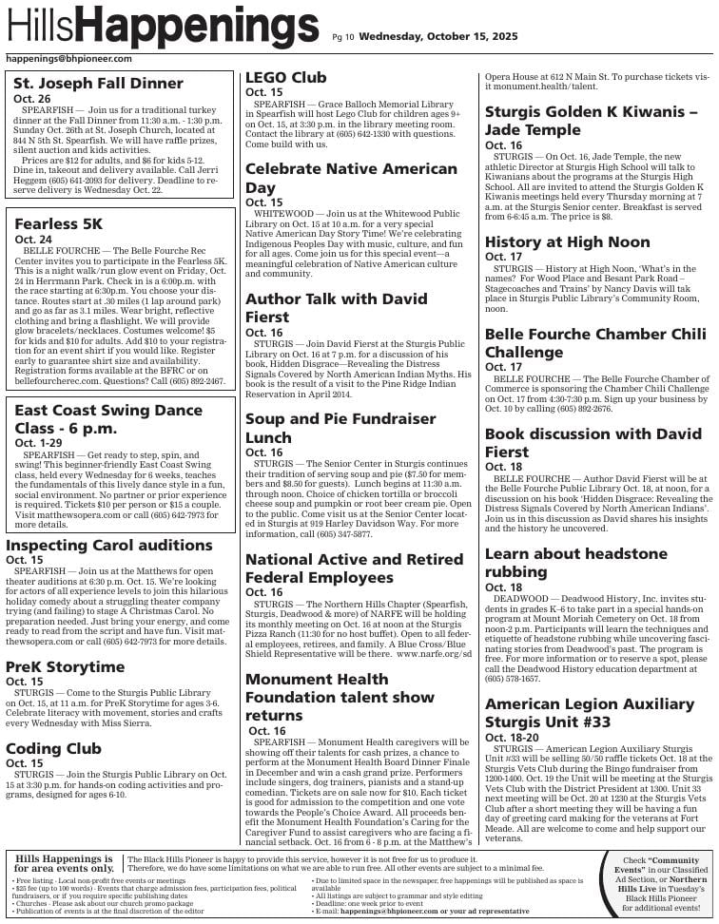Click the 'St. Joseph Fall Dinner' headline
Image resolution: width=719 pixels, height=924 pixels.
tap(98, 84)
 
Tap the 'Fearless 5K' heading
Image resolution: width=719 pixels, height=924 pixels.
tap(58, 224)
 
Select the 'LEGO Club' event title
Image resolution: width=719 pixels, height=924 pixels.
tap(285, 78)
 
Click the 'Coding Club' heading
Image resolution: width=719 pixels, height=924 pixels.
tap(53, 748)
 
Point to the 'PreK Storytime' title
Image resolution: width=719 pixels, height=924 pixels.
tap(66, 666)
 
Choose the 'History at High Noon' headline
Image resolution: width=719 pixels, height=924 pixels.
tap(567, 242)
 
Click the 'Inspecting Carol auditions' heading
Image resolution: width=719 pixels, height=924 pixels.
tap(108, 545)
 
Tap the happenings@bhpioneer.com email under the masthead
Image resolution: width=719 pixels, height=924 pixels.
tap(68, 58)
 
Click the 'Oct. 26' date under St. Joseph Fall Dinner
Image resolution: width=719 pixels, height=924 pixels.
tap(32, 99)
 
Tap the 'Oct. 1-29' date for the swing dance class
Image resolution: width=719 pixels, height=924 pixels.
tap(37, 443)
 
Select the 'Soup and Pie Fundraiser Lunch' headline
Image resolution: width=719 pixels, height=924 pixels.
tap(340, 428)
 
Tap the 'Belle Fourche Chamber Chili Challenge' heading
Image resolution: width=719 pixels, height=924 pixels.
tap(595, 343)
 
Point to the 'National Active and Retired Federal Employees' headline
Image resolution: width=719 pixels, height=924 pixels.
tap(354, 568)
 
